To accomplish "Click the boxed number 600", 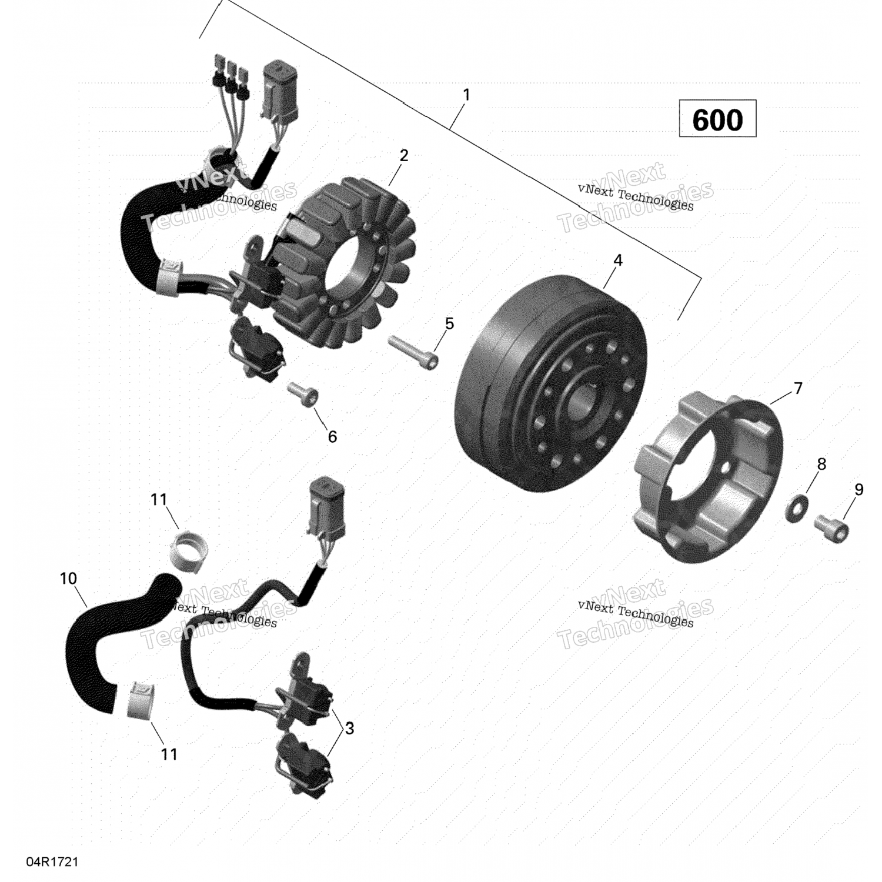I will coord(717,119).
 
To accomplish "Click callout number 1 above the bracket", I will coord(466,95).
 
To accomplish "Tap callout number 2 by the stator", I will coord(403,155).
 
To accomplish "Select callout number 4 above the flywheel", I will coord(617,260).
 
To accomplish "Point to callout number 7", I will coord(798,388).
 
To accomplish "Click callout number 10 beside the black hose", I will coord(68,579).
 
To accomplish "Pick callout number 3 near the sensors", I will coord(349,728).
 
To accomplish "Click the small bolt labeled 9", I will coord(832,527).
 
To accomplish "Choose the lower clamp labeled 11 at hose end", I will coord(141,699).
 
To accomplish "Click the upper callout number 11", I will coord(159,499).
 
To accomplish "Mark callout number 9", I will coord(858,489).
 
